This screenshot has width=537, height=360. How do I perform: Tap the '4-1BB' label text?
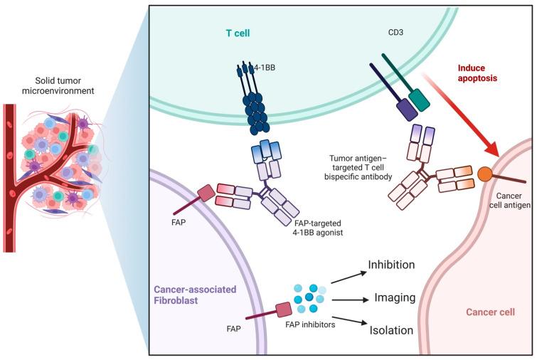[x=267, y=72]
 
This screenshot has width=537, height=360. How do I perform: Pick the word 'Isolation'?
[x=392, y=330]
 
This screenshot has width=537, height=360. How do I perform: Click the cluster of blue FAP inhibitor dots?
[x=311, y=298]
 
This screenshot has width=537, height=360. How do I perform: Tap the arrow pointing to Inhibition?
[x=344, y=277]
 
